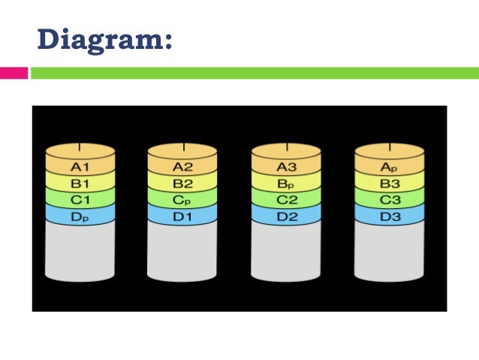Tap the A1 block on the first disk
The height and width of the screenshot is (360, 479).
pyautogui.click(x=80, y=167)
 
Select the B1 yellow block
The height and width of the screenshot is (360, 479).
pyautogui.click(x=80, y=183)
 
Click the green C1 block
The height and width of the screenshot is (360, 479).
pyautogui.click(x=80, y=200)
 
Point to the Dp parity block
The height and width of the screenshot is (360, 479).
pyautogui.click(x=80, y=216)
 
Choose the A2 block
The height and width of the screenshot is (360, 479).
pyautogui.click(x=183, y=167)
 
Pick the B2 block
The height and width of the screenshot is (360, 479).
pyautogui.click(x=183, y=183)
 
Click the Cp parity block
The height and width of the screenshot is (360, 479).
pyautogui.click(x=183, y=200)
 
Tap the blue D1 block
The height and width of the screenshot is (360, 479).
pyautogui.click(x=183, y=216)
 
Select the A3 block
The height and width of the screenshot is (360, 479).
pyautogui.click(x=287, y=167)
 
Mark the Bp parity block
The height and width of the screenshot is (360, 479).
pyautogui.click(x=287, y=183)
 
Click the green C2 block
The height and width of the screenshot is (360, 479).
pyautogui.click(x=287, y=200)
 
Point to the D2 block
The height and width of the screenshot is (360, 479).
pyautogui.click(x=287, y=216)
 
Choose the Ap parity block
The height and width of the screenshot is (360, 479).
pyautogui.click(x=390, y=167)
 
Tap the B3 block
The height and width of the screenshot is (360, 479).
pyautogui.click(x=390, y=183)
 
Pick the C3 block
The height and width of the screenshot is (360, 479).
pyautogui.click(x=390, y=200)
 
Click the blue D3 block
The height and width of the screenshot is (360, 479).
pyautogui.click(x=390, y=216)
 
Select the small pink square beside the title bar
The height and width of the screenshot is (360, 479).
pyautogui.click(x=14, y=74)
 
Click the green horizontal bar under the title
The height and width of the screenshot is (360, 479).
pyautogui.click(x=254, y=74)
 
